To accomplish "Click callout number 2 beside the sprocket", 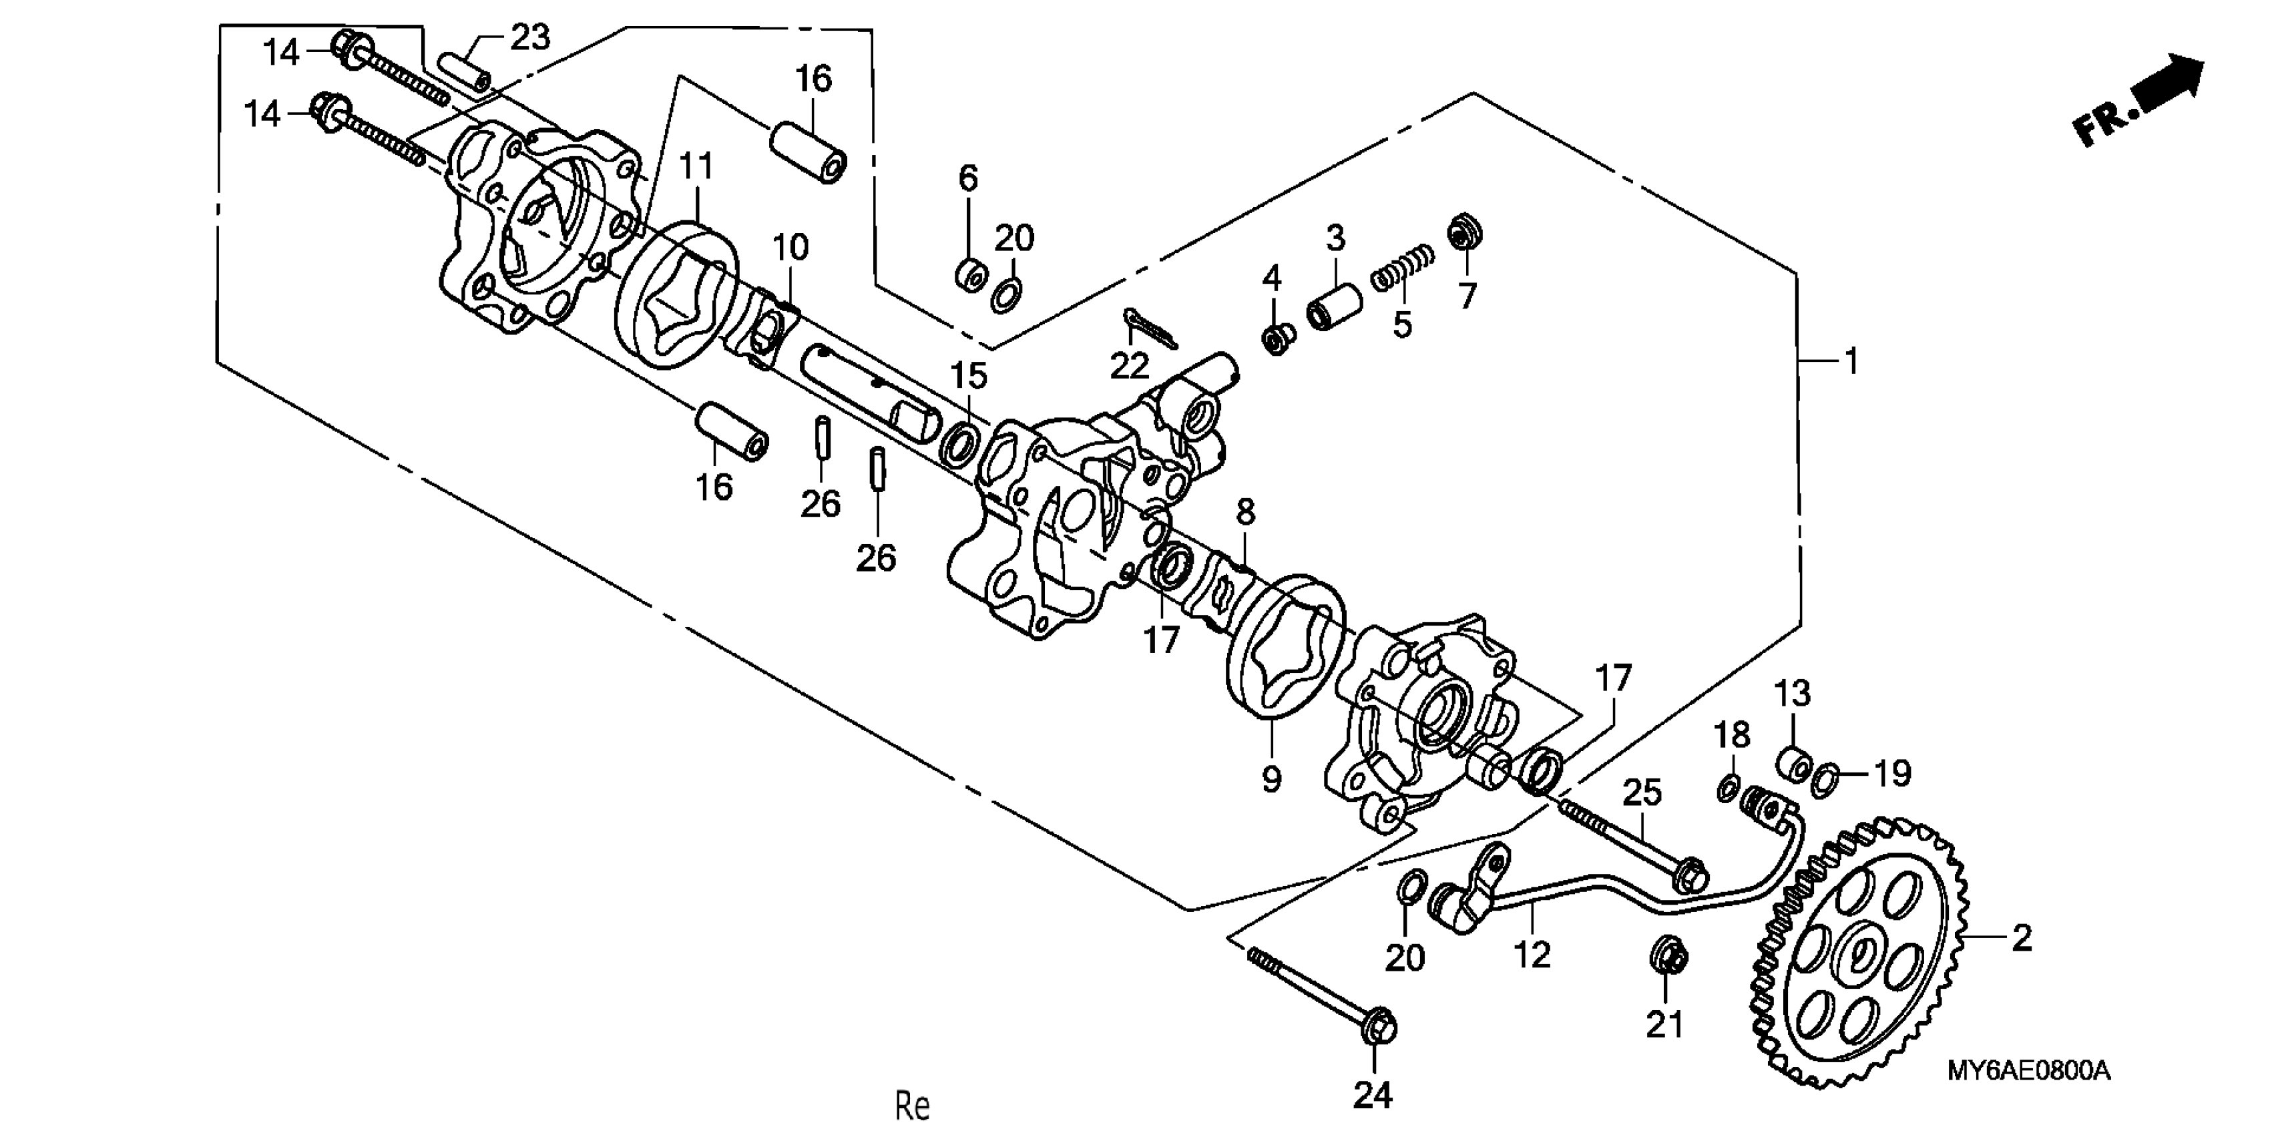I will pyautogui.click(x=2022, y=937).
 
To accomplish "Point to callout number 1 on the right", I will pyautogui.click(x=1851, y=361).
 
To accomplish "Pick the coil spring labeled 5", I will pyautogui.click(x=1402, y=269).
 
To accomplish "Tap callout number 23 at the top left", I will pyautogui.click(x=530, y=37).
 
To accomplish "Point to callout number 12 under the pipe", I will pyautogui.click(x=1532, y=954).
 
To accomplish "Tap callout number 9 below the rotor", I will pyautogui.click(x=1271, y=778).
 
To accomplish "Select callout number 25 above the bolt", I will pyautogui.click(x=1641, y=792).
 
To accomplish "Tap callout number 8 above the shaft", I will pyautogui.click(x=1244, y=511).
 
